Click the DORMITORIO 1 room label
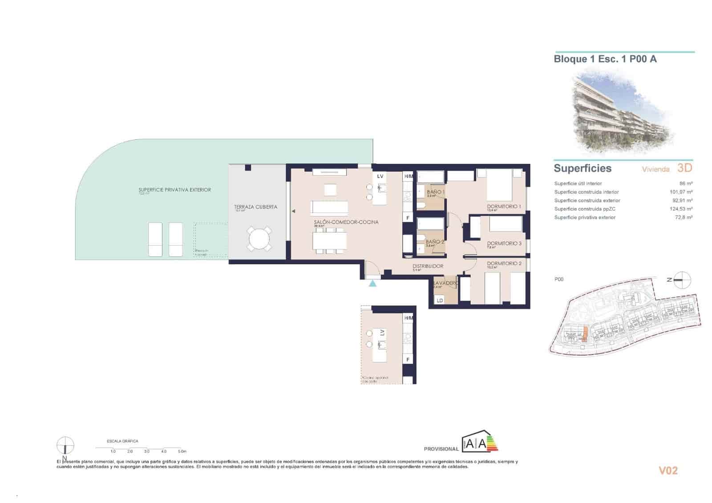click(504, 207)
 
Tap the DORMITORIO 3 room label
click(504, 243)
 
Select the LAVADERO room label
click(445, 283)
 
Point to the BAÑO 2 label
click(435, 242)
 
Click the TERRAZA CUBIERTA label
click(255, 207)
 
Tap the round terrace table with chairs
click(259, 239)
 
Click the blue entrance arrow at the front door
click(372, 283)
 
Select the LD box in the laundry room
click(440, 300)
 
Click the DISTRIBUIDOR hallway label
click(428, 266)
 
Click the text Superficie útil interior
click(578, 183)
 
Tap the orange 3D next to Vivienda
click(684, 168)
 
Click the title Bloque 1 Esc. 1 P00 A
click(605, 59)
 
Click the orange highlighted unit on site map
click(585, 333)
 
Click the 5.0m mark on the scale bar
click(181, 451)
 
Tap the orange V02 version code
click(668, 471)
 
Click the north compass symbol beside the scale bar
click(65, 446)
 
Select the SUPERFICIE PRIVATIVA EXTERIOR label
click(174, 190)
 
